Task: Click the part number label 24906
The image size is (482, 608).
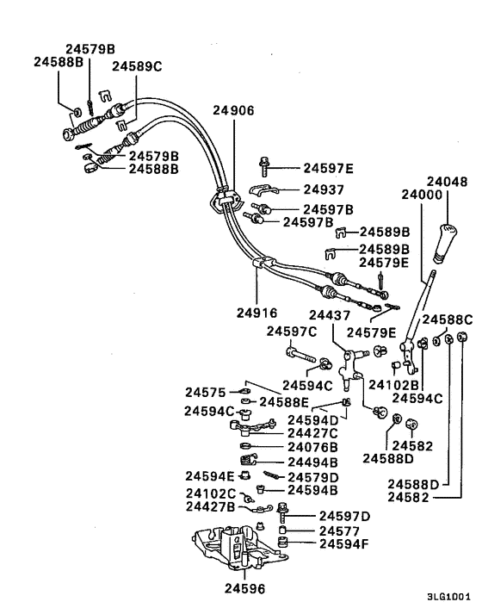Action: tap(233, 109)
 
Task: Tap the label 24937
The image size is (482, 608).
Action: tap(323, 189)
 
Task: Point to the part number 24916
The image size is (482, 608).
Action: tap(256, 313)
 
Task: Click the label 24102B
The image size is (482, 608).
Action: tap(391, 384)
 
